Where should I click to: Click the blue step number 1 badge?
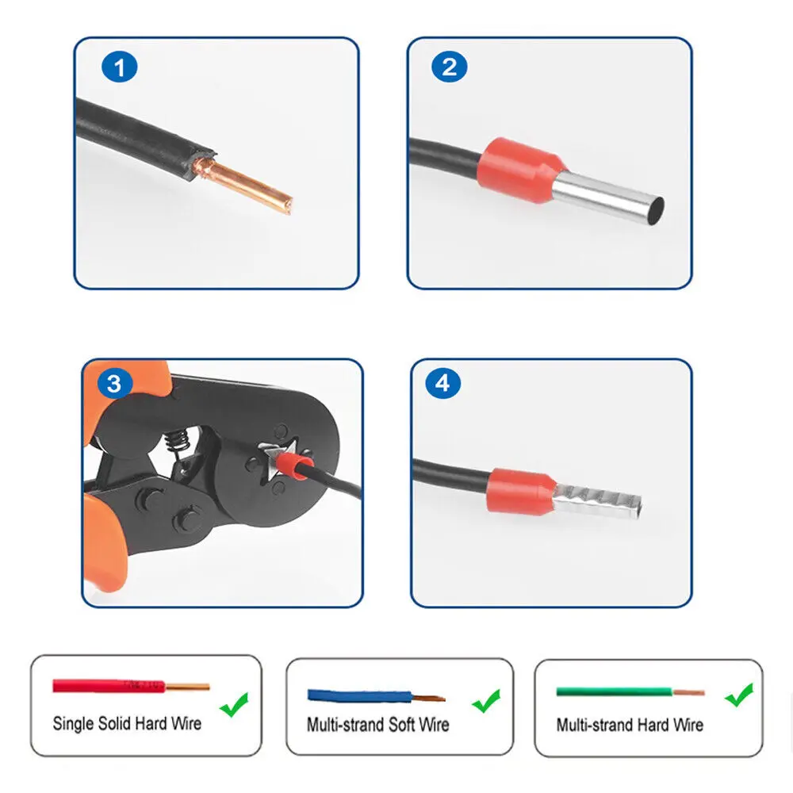[120, 67]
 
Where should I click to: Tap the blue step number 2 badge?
[449, 67]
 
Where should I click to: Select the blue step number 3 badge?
[114, 383]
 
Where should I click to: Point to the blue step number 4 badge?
[443, 383]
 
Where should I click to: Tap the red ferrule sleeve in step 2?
[520, 170]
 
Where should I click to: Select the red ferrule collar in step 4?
[521, 492]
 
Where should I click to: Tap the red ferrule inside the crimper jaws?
[294, 465]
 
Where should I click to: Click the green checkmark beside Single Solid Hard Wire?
[234, 704]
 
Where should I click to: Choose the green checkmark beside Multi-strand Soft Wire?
[486, 701]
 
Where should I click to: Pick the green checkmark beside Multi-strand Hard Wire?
[739, 695]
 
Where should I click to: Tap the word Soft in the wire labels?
[402, 724]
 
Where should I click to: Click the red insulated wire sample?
[131, 686]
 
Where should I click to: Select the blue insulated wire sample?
[376, 696]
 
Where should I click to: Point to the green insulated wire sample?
[630, 691]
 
